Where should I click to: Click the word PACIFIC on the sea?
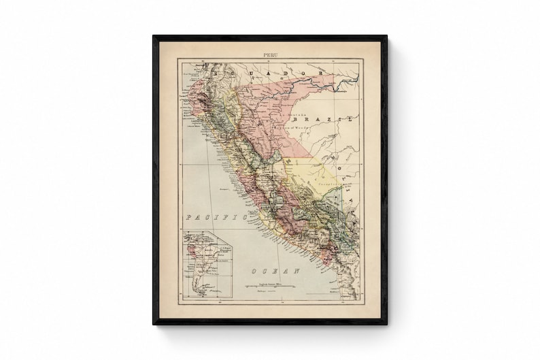point(215,217)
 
